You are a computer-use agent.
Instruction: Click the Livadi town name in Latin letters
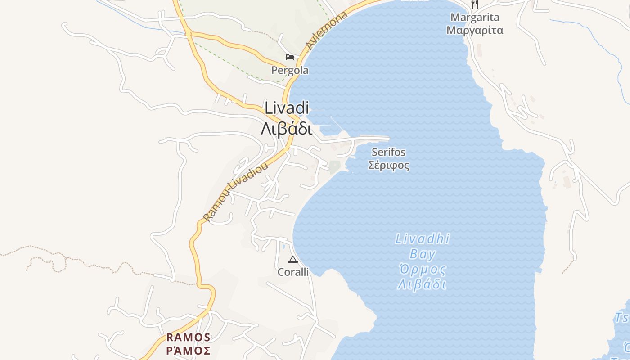pos(287,108)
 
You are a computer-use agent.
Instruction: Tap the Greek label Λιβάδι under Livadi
pos(287,129)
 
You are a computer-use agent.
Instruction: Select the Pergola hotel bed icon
pos(290,57)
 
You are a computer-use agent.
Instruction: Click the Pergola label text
pos(290,70)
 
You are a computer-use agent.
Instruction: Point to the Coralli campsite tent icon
pos(293,259)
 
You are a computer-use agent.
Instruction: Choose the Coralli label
pos(293,272)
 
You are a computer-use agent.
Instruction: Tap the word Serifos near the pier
pos(388,152)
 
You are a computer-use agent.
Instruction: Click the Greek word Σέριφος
pos(389,165)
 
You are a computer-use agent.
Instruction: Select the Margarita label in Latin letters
pos(475,18)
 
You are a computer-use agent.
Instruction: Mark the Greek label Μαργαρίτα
pos(475,31)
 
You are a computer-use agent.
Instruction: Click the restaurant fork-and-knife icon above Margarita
pos(474,4)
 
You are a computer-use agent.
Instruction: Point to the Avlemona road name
pos(327,30)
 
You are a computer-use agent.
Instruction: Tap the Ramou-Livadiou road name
pos(235,191)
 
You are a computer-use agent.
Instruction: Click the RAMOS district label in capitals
pos(188,337)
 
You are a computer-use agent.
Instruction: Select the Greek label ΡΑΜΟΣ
pos(188,350)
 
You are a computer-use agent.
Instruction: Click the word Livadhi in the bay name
pos(423,238)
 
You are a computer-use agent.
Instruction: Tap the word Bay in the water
pos(423,254)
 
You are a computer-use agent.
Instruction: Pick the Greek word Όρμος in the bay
pos(423,270)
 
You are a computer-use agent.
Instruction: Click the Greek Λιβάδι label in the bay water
pos(423,285)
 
